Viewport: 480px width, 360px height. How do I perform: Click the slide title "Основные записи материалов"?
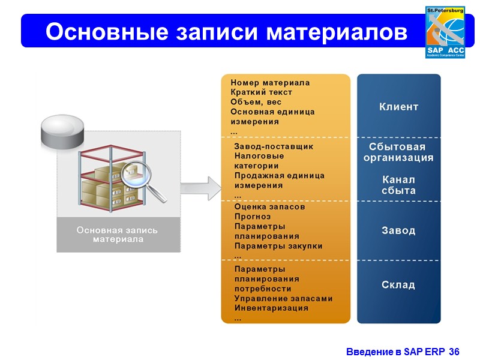(226, 32)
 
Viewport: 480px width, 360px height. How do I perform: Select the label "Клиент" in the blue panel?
(399, 107)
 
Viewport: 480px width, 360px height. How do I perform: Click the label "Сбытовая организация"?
(398, 152)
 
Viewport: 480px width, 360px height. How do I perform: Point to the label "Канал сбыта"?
(398, 185)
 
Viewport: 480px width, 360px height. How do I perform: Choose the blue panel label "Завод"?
(398, 230)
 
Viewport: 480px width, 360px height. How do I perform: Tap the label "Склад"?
(398, 284)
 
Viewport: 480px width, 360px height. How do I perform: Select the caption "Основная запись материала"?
(118, 235)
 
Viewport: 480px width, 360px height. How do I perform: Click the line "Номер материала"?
(270, 83)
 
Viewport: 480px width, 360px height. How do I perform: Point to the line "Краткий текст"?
(261, 92)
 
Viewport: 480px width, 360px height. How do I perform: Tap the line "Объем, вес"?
(256, 102)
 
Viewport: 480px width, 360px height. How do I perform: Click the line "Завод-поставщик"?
(274, 146)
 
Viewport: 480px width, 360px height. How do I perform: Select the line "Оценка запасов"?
(269, 206)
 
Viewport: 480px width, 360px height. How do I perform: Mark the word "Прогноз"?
(253, 217)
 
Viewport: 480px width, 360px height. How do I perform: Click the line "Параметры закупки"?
(278, 245)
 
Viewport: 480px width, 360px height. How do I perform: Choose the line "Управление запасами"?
(283, 298)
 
